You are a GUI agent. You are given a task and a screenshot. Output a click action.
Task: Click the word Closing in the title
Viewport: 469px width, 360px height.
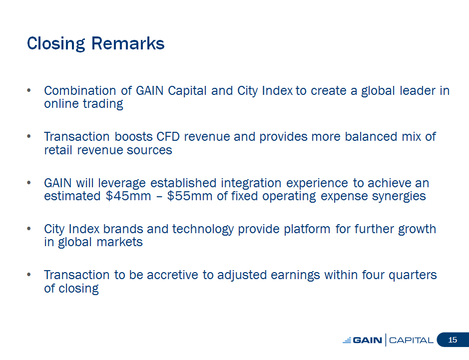click(56, 44)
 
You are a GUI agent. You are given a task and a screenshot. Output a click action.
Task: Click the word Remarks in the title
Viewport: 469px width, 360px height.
click(128, 43)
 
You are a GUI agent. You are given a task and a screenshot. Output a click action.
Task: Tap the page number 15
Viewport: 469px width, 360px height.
click(453, 340)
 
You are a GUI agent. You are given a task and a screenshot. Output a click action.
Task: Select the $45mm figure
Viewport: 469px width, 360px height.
click(128, 196)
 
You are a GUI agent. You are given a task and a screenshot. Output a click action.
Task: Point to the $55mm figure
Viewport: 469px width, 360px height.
click(190, 196)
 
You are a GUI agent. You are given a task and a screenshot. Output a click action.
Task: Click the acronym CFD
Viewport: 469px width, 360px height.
click(168, 137)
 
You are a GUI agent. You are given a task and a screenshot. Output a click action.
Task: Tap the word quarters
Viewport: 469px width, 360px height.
click(413, 276)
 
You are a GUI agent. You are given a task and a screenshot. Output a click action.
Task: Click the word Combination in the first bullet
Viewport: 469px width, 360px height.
click(80, 90)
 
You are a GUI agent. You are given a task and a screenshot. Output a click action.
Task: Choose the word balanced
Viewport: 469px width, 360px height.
click(371, 137)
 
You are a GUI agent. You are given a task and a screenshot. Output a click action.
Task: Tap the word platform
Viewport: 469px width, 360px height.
click(307, 230)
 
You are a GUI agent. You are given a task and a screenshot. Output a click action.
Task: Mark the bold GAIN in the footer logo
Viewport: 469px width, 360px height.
click(368, 340)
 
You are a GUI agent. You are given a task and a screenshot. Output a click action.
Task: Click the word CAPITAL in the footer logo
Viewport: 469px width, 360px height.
click(411, 340)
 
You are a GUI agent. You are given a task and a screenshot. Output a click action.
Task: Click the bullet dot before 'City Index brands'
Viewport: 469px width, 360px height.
click(28, 229)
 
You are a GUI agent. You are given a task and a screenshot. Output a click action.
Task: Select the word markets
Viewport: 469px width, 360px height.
click(120, 243)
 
